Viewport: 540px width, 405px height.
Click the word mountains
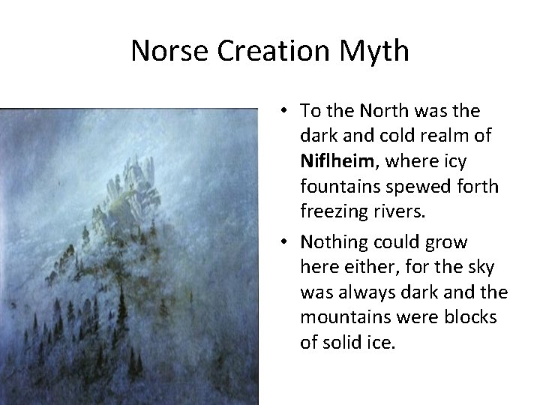point(343,317)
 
